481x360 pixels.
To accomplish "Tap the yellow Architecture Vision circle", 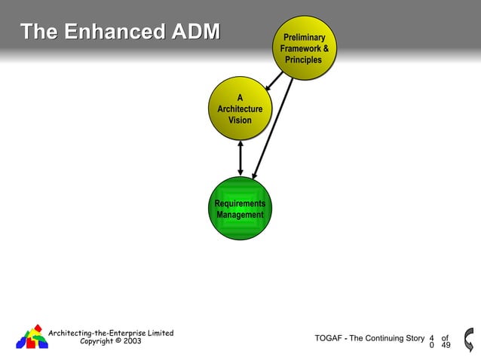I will click(240, 109).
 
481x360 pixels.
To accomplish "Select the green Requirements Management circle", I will click(240, 209).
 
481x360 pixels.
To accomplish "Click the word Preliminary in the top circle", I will click(304, 37).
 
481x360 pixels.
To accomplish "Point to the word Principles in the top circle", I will click(303, 59).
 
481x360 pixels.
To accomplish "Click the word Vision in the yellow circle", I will click(240, 121).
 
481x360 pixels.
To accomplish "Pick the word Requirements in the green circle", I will click(240, 203).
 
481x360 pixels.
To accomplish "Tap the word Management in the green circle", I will click(240, 215).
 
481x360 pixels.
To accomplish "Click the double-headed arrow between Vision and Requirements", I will click(240, 157).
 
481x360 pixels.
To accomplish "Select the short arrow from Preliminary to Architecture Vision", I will click(274, 81).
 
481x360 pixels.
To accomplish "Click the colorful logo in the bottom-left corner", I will click(32, 337).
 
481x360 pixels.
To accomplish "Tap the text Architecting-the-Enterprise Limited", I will click(111, 333).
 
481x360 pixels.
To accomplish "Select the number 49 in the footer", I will click(446, 346).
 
